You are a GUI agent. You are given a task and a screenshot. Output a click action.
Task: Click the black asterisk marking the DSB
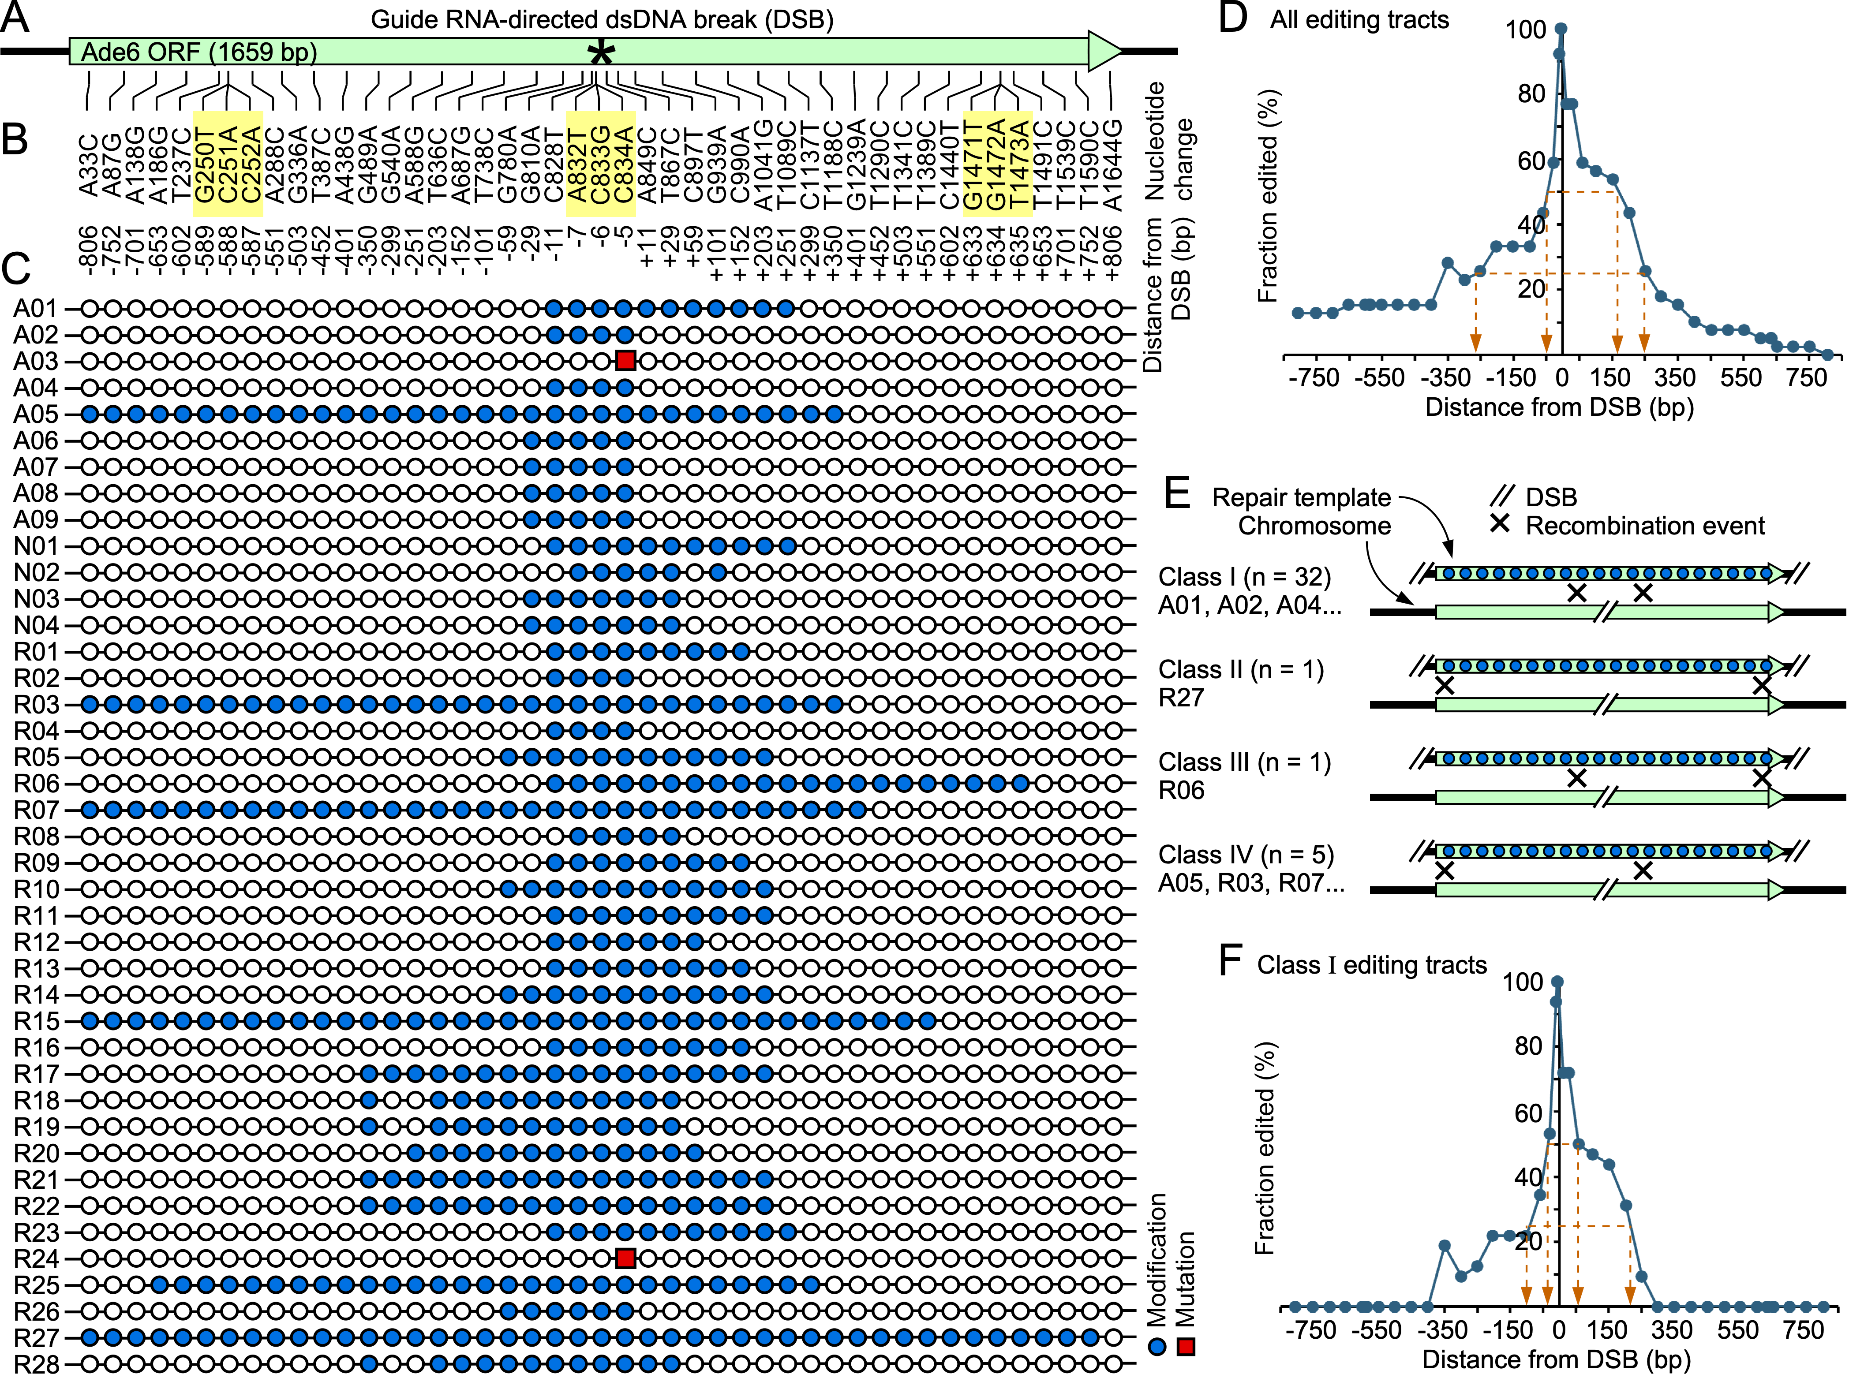pos(601,55)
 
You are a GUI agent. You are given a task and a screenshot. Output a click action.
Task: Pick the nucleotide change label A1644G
pos(1112,164)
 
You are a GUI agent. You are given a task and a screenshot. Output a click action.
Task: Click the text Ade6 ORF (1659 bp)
pos(200,52)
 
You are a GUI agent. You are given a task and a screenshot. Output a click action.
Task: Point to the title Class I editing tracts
pos(1372,965)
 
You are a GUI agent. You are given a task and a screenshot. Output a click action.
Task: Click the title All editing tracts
pos(1359,20)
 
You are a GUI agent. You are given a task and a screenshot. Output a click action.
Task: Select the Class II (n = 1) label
pos(1241,669)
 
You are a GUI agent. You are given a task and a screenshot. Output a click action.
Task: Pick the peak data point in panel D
pos(1561,29)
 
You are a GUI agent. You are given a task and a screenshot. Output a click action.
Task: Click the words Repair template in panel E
pos(1301,497)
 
